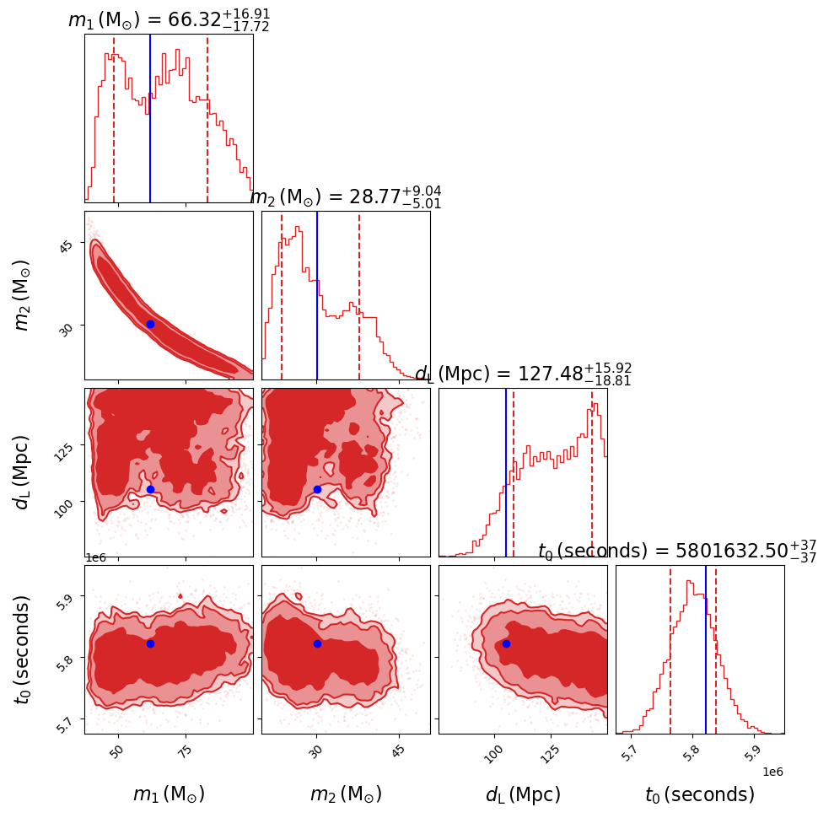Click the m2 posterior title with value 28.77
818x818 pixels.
pyautogui.click(x=345, y=197)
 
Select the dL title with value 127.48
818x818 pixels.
pyautogui.click(x=523, y=374)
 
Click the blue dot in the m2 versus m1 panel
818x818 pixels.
pyautogui.click(x=150, y=324)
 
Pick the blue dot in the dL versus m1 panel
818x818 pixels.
pyautogui.click(x=150, y=489)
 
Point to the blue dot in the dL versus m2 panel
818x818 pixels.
pyautogui.click(x=317, y=489)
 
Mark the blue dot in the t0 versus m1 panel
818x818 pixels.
pyautogui.click(x=150, y=643)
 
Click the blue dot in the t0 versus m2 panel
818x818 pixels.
pyautogui.click(x=317, y=643)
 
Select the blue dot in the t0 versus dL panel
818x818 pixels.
pyautogui.click(x=506, y=643)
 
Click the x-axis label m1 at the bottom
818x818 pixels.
pyautogui.click(x=169, y=794)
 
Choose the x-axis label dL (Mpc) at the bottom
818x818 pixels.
pyautogui.click(x=523, y=794)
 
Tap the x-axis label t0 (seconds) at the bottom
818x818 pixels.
pyautogui.click(x=700, y=794)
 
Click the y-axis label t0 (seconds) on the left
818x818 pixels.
pyautogui.click(x=22, y=649)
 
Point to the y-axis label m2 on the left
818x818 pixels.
pyautogui.click(x=22, y=295)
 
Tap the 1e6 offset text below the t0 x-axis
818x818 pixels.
pyautogui.click(x=772, y=772)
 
